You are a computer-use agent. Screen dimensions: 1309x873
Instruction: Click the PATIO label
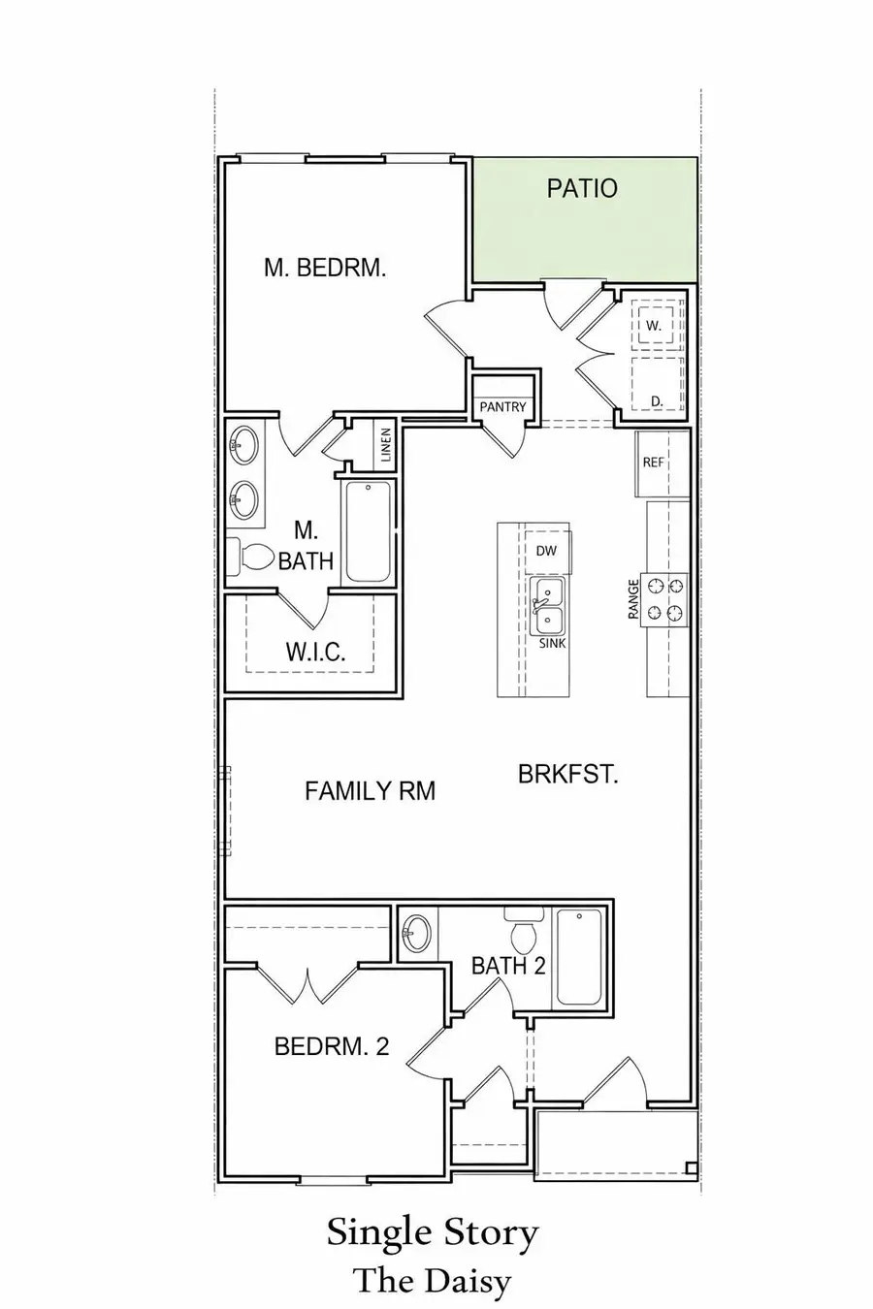click(581, 188)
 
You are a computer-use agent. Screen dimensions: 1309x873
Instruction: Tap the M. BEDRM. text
click(325, 268)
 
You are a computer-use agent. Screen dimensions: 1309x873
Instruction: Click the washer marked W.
click(656, 326)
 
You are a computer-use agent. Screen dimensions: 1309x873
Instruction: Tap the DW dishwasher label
click(546, 550)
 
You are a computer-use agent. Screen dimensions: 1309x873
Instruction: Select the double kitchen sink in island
click(550, 606)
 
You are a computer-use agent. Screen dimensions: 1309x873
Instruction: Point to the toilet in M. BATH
click(251, 557)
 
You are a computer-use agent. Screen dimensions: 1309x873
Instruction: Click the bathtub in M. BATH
click(368, 530)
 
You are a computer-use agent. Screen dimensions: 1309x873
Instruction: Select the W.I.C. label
click(315, 651)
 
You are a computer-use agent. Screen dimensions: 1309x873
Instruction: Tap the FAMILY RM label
click(370, 791)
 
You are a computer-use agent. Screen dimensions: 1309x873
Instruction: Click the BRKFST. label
click(568, 774)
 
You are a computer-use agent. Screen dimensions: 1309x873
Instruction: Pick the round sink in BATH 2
click(417, 933)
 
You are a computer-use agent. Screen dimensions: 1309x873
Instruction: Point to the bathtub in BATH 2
click(578, 956)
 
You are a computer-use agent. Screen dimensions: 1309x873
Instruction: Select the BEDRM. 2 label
click(332, 1046)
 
